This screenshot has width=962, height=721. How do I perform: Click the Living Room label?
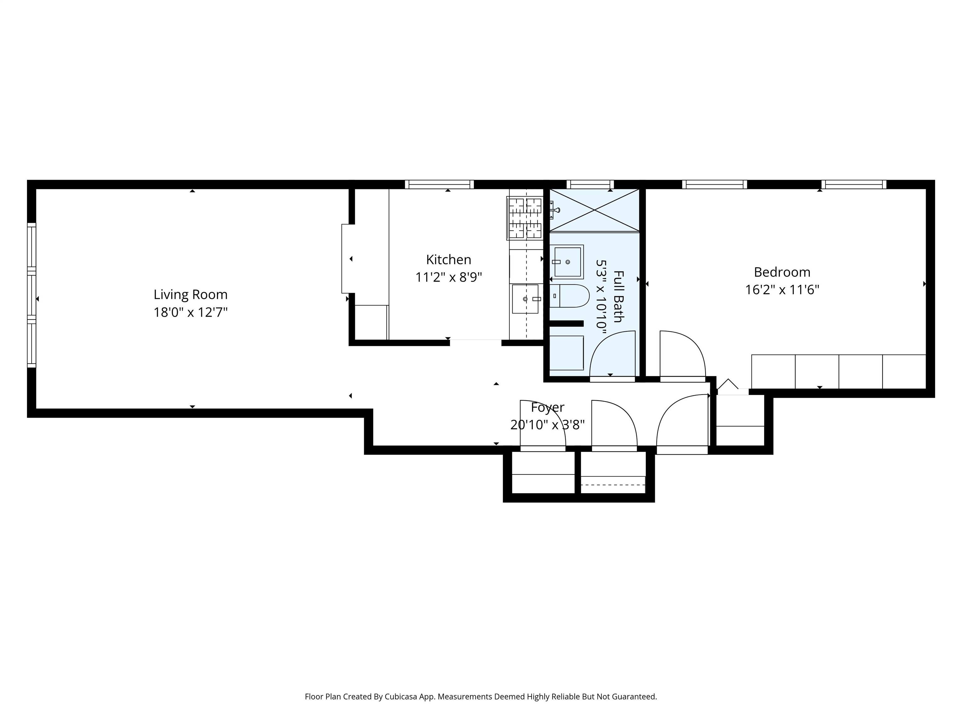(x=190, y=295)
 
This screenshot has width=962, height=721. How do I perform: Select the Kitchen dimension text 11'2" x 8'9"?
(x=449, y=277)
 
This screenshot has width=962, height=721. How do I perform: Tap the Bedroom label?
(x=782, y=272)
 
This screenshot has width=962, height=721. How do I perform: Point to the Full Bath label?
(x=618, y=296)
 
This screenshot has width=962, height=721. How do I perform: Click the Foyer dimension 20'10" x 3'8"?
(x=547, y=425)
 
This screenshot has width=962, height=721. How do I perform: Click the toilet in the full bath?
(x=569, y=296)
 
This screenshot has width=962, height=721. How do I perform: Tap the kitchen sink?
(x=525, y=299)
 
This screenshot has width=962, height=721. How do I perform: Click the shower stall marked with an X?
(x=594, y=210)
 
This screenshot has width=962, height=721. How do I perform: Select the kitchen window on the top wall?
(x=439, y=185)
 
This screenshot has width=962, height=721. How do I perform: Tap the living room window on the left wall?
(x=31, y=295)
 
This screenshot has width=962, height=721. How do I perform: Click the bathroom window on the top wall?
(x=591, y=185)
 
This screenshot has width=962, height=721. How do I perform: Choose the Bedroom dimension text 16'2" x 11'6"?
(x=782, y=290)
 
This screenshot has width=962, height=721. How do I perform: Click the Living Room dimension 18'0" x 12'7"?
(x=190, y=313)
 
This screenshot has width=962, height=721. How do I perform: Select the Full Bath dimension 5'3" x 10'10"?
(x=601, y=296)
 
